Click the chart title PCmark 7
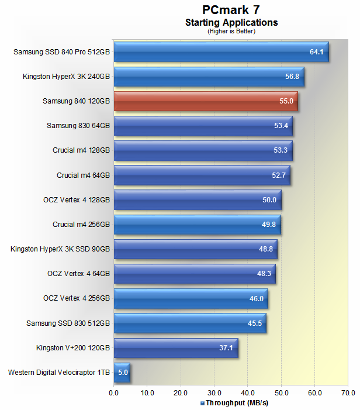pyautogui.click(x=231, y=9)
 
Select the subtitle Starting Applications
pyautogui.click(x=231, y=23)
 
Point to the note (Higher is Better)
pyautogui.click(x=231, y=31)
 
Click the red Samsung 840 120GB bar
pyautogui.click(x=206, y=101)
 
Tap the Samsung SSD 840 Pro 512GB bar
pyautogui.click(x=221, y=52)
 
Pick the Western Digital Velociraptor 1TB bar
pyautogui.click(x=122, y=371)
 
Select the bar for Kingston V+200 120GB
pyautogui.click(x=175, y=347)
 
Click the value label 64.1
pyautogui.click(x=316, y=52)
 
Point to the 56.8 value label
pyautogui.click(x=292, y=77)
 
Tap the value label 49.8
pyautogui.click(x=268, y=224)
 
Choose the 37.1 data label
pyautogui.click(x=226, y=347)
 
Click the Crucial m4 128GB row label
pyautogui.click(x=81, y=150)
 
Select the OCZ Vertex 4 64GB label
pyautogui.click(x=78, y=273)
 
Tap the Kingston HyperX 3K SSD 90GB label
pyautogui.click(x=60, y=249)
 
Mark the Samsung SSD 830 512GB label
pyautogui.click(x=68, y=322)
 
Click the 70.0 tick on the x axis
pyautogui.click(x=348, y=393)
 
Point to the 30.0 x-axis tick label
pyautogui.click(x=214, y=393)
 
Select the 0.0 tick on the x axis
pyautogui.click(x=114, y=393)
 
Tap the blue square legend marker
pyautogui.click(x=202, y=403)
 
